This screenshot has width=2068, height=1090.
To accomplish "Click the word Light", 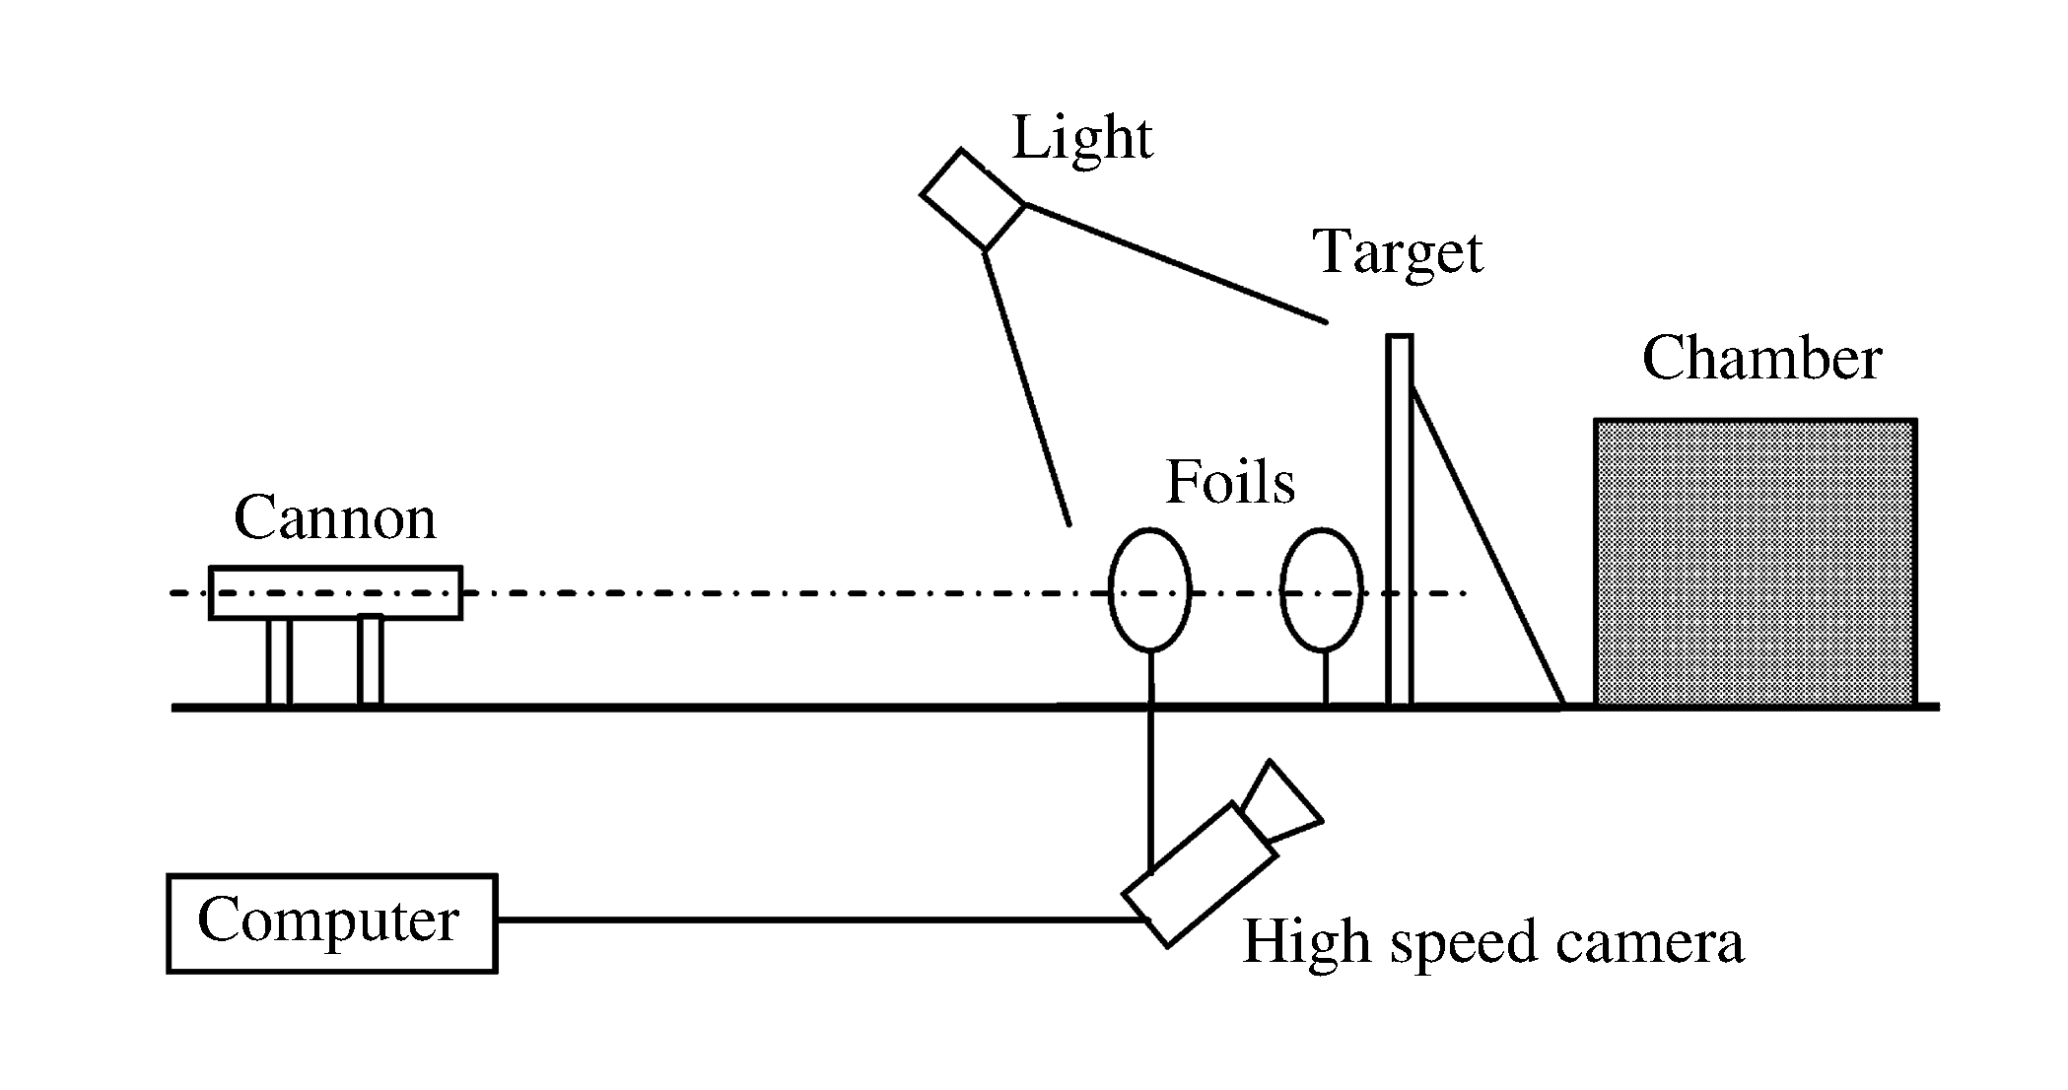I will pyautogui.click(x=1081, y=139).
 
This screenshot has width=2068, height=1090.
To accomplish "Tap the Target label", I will pyautogui.click(x=1398, y=252).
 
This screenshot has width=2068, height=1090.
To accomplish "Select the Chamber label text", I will pyautogui.click(x=1761, y=358).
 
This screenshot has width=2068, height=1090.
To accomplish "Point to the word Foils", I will pyautogui.click(x=1229, y=483).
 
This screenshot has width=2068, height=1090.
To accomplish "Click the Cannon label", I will pyautogui.click(x=334, y=518).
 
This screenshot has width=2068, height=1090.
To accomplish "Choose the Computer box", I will pyautogui.click(x=331, y=922).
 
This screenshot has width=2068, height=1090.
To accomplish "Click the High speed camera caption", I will pyautogui.click(x=1492, y=941).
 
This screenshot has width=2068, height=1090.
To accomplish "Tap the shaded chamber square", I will pyautogui.click(x=1756, y=562).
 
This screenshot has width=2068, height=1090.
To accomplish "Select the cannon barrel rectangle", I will pyautogui.click(x=335, y=592).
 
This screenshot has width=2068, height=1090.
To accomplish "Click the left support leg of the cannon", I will pyautogui.click(x=279, y=661).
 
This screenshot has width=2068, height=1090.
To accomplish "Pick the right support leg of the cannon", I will pyautogui.click(x=370, y=659).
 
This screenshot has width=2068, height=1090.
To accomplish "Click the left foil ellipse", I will pyautogui.click(x=1149, y=590).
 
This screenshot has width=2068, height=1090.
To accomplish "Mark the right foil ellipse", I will pyautogui.click(x=1321, y=590).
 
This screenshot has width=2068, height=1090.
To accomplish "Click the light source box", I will pyautogui.click(x=973, y=198).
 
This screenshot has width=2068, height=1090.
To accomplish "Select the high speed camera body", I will pyautogui.click(x=1201, y=874).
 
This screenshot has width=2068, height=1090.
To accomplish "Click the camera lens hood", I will pyautogui.click(x=1280, y=802).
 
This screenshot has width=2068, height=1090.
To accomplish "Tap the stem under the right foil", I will pyautogui.click(x=1325, y=677).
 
